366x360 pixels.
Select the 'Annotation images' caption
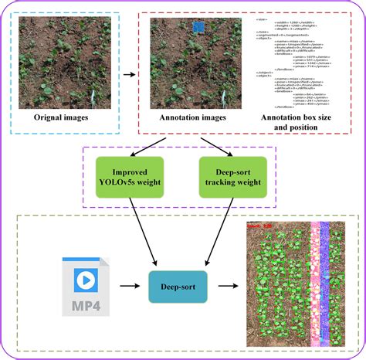[x=193, y=118]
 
